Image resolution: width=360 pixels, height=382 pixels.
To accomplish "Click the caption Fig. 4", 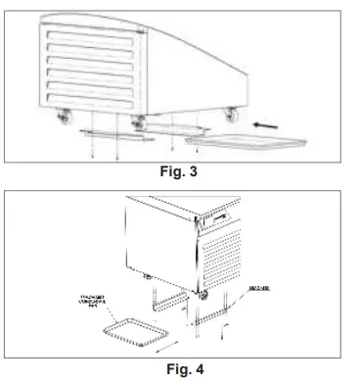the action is [x=180, y=368].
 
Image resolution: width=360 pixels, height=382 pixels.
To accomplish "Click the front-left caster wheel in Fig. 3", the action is [x=66, y=119].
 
